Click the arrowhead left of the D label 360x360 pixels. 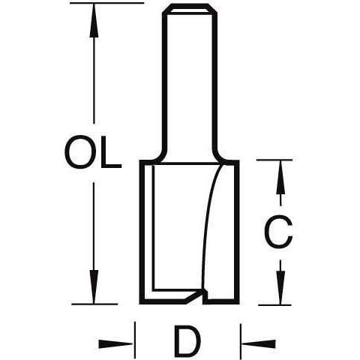(123, 343)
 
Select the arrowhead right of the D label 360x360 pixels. (253, 343)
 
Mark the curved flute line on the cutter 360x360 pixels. (212, 217)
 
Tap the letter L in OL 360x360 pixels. (108, 152)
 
